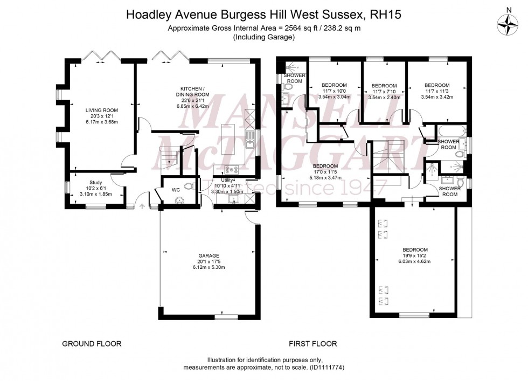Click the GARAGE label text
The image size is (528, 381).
[209, 255]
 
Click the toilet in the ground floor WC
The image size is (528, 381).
[187, 186]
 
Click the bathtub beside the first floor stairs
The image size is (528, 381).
[447, 131]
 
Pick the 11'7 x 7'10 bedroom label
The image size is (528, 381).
[384, 86]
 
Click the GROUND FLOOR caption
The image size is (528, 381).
[92, 343]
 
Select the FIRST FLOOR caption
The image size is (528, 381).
[312, 343]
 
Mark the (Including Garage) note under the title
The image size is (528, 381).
[263, 37]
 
